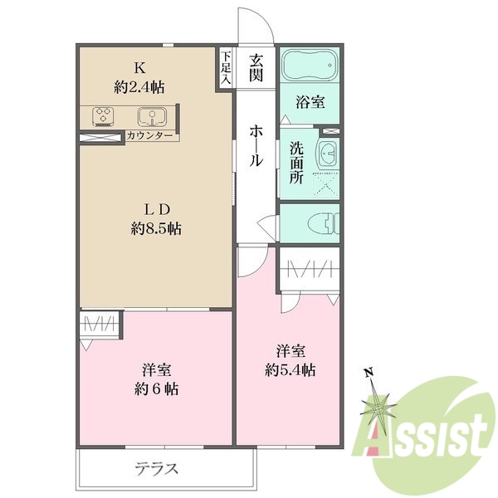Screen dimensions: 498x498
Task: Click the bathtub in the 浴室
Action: [310, 65]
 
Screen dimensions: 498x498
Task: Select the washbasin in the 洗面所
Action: [328, 153]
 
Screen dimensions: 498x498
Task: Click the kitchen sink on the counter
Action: [152, 116]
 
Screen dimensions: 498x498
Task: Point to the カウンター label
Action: [149, 135]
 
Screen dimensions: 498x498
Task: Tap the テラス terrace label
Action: [157, 468]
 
